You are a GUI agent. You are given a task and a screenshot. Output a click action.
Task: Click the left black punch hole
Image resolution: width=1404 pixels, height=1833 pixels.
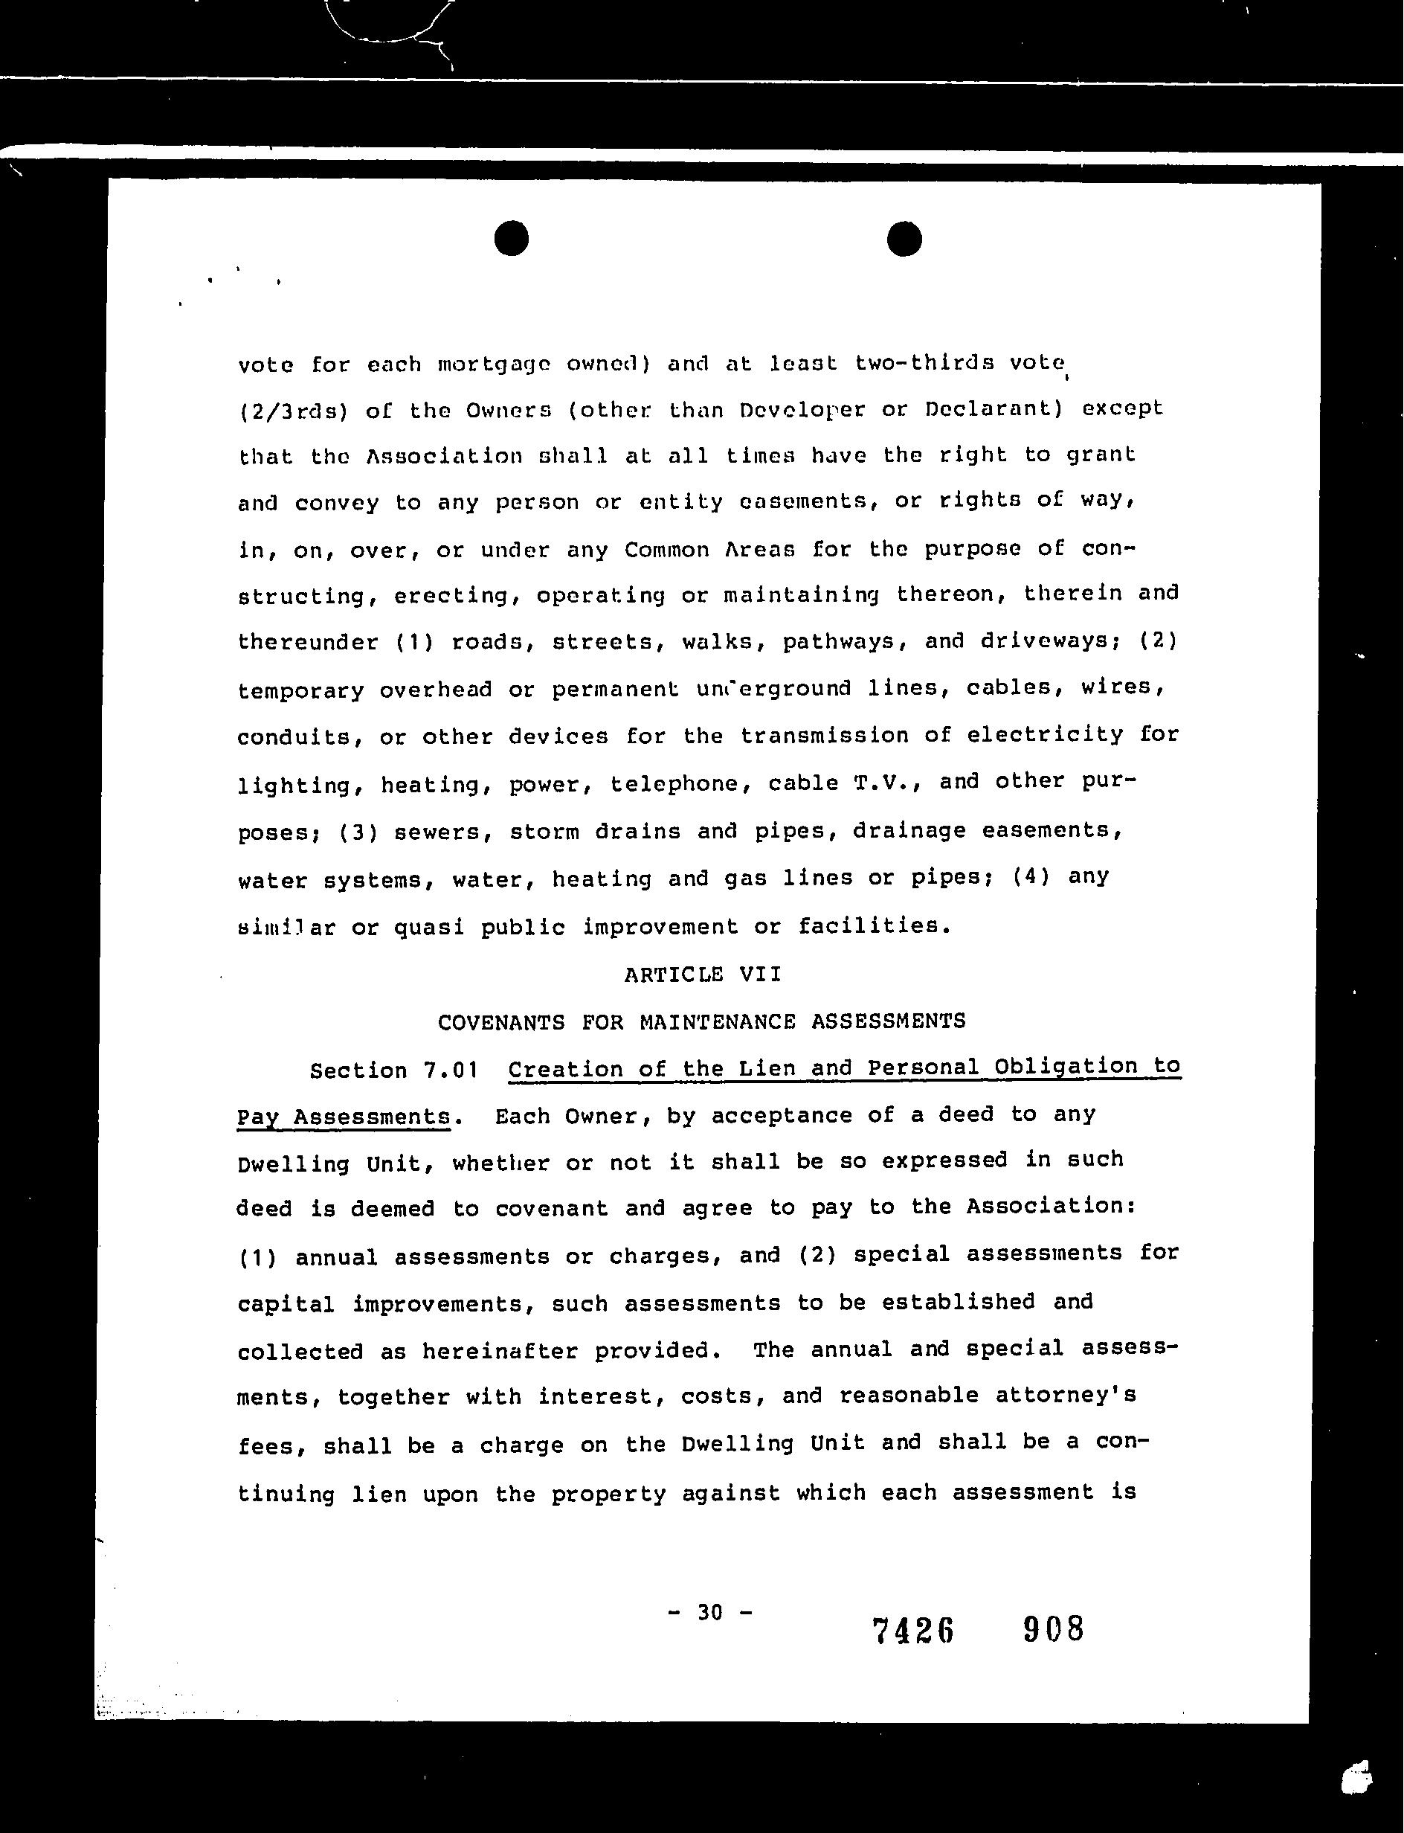[511, 238]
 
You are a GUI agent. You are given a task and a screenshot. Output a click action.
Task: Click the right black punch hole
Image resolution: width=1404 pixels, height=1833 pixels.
[904, 238]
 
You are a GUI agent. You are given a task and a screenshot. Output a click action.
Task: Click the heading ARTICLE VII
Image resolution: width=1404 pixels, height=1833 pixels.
[702, 974]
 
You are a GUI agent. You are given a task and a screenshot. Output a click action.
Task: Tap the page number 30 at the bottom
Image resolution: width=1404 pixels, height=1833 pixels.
[709, 1611]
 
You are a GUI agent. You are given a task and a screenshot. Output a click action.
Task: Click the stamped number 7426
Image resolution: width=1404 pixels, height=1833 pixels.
[912, 1631]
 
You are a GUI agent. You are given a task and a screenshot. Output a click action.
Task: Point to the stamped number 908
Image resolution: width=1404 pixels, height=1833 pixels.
[1053, 1629]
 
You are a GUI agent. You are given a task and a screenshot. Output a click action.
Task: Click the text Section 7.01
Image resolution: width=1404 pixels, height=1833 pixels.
[393, 1070]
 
